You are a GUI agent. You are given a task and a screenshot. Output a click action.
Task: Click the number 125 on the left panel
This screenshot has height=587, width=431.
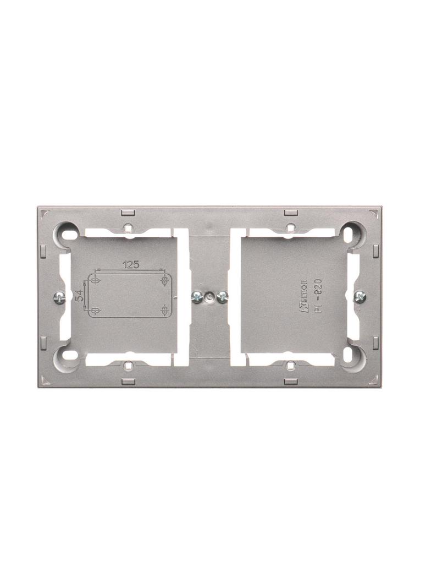130,265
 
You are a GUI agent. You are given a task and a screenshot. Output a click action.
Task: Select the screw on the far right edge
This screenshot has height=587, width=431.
361,296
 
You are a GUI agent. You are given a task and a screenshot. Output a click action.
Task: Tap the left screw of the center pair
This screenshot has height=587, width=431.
196,297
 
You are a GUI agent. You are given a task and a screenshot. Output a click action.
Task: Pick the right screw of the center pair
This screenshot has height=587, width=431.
222,297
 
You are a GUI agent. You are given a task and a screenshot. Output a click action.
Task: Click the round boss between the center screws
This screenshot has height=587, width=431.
209,297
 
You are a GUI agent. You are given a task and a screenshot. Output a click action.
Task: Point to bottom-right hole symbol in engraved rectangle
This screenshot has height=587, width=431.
164,312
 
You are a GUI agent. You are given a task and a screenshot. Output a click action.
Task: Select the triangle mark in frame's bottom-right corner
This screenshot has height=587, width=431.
375,381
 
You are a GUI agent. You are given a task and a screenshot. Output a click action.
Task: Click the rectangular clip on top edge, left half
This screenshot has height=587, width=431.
126,212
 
